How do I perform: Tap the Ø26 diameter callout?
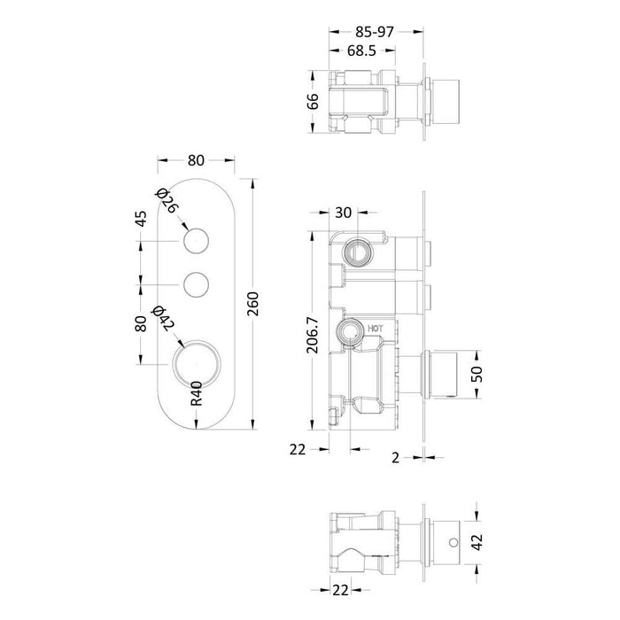pos(166,201)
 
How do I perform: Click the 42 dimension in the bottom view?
pos(477,540)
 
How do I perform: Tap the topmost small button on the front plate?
pos(196,241)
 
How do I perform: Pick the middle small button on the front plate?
pos(196,284)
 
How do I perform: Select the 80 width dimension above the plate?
pos(196,161)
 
